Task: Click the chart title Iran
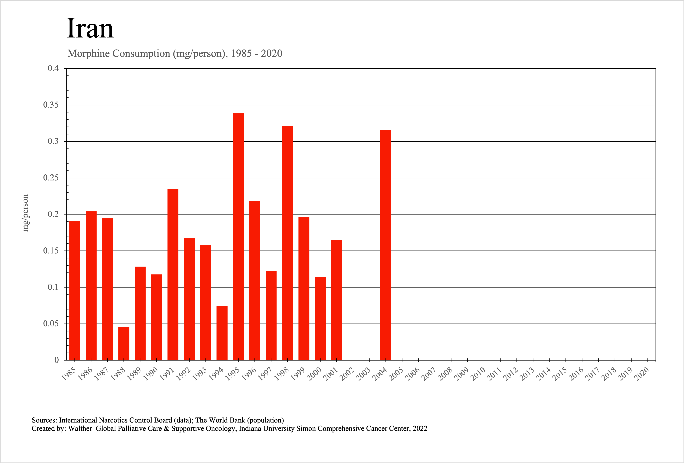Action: (x=90, y=29)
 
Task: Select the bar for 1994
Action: (x=222, y=333)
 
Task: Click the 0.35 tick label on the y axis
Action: (x=51, y=105)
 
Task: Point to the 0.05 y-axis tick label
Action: (x=51, y=324)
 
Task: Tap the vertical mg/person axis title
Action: (x=26, y=213)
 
